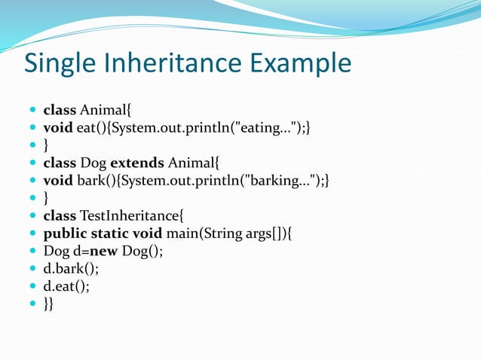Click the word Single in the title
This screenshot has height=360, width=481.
(57, 63)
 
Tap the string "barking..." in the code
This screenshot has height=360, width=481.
(282, 180)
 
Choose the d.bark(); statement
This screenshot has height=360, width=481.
(70, 269)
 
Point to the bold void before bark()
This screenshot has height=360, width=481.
(58, 180)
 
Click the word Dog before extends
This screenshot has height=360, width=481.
(93, 162)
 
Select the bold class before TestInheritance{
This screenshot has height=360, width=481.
(60, 215)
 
